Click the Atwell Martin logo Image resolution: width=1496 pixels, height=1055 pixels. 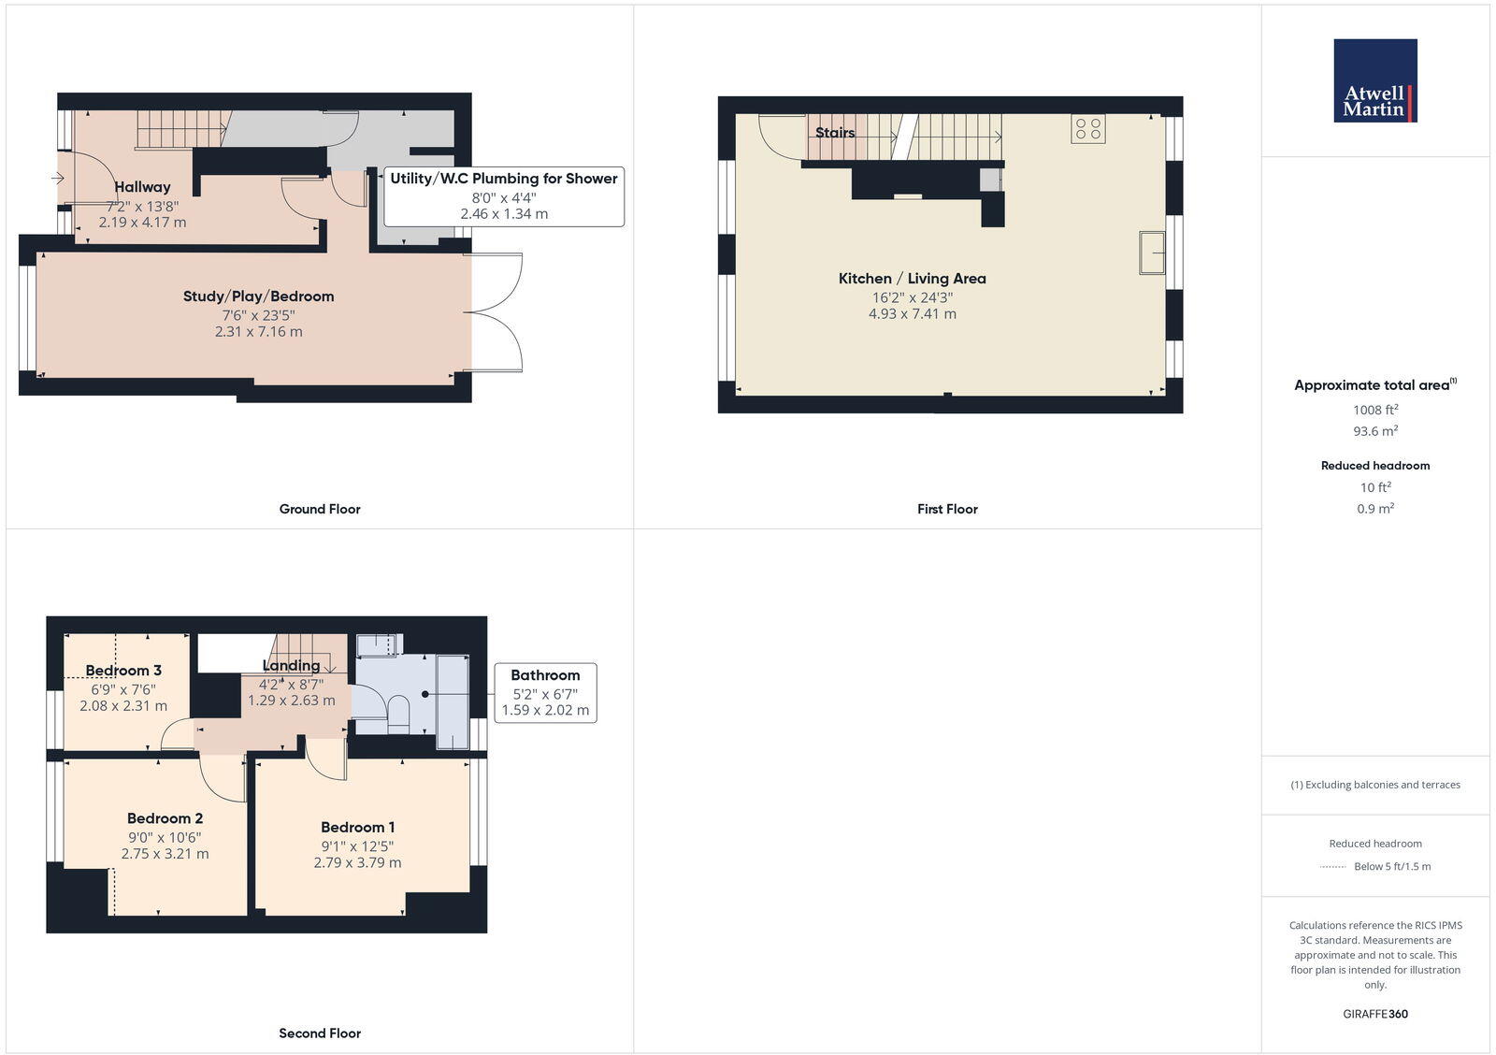coord(1374,80)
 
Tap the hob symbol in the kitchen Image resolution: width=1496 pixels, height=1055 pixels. coord(1088,128)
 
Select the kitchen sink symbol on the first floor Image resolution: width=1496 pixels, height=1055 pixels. coord(1152,253)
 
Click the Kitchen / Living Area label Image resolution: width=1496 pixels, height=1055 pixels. coord(912,278)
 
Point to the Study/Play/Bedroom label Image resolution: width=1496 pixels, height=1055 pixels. coord(258,296)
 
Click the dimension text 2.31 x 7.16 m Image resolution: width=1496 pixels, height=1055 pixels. coord(258,331)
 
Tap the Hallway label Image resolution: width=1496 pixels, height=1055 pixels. coord(142,186)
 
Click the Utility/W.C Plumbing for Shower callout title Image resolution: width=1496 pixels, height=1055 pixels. coord(503,178)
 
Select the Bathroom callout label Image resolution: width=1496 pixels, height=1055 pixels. coord(545,674)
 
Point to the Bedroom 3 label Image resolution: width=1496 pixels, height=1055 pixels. coord(123,670)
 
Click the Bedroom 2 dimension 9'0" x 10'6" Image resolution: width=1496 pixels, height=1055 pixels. coord(165,837)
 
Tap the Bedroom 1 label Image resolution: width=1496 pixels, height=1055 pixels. coord(357,827)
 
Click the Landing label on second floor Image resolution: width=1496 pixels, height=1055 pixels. coord(291,665)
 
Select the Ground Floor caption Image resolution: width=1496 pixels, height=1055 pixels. coord(319,509)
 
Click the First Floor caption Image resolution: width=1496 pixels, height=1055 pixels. coord(947,509)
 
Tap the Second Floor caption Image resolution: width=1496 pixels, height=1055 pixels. coord(319,1033)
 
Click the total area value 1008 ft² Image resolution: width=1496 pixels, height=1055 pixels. coord(1374,410)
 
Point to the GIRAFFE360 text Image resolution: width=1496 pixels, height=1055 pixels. coord(1374,1014)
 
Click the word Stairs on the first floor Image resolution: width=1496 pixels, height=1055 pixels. coord(834,132)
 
